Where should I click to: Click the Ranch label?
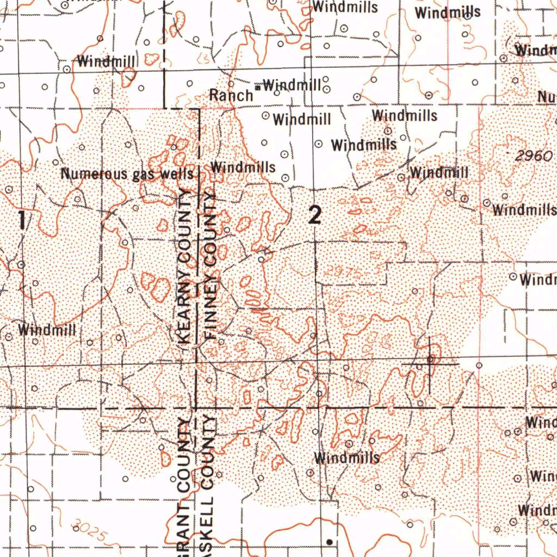point(231,95)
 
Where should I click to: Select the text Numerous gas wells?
point(127,175)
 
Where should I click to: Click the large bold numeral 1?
point(21,221)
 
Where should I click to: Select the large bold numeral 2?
point(315,216)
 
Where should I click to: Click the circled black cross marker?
point(430,359)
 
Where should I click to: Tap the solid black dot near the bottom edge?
point(329,542)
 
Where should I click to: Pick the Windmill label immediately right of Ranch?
point(292,85)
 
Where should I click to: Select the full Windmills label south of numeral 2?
point(346,458)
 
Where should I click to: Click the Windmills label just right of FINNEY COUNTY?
point(243,167)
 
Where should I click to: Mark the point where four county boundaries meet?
point(196,407)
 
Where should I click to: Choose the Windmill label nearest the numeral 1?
point(47,330)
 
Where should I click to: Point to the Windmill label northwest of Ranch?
point(106,61)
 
